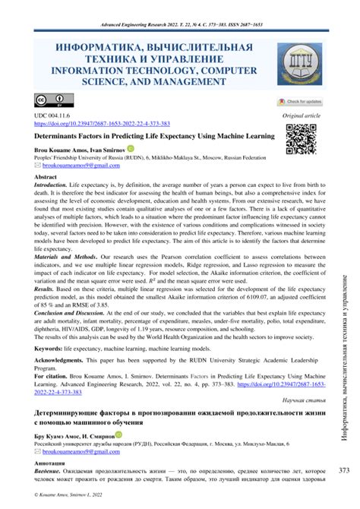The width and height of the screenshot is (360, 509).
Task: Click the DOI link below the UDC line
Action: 114,124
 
